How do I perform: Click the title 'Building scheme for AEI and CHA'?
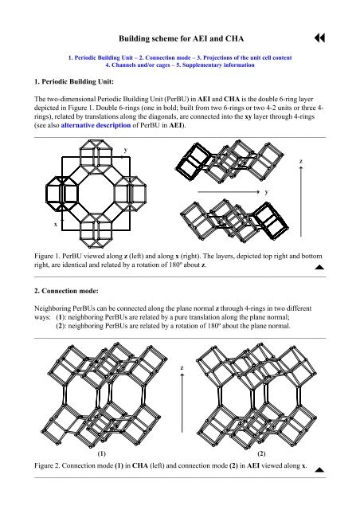coord(180,37)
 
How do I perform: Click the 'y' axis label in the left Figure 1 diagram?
coord(125,150)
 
